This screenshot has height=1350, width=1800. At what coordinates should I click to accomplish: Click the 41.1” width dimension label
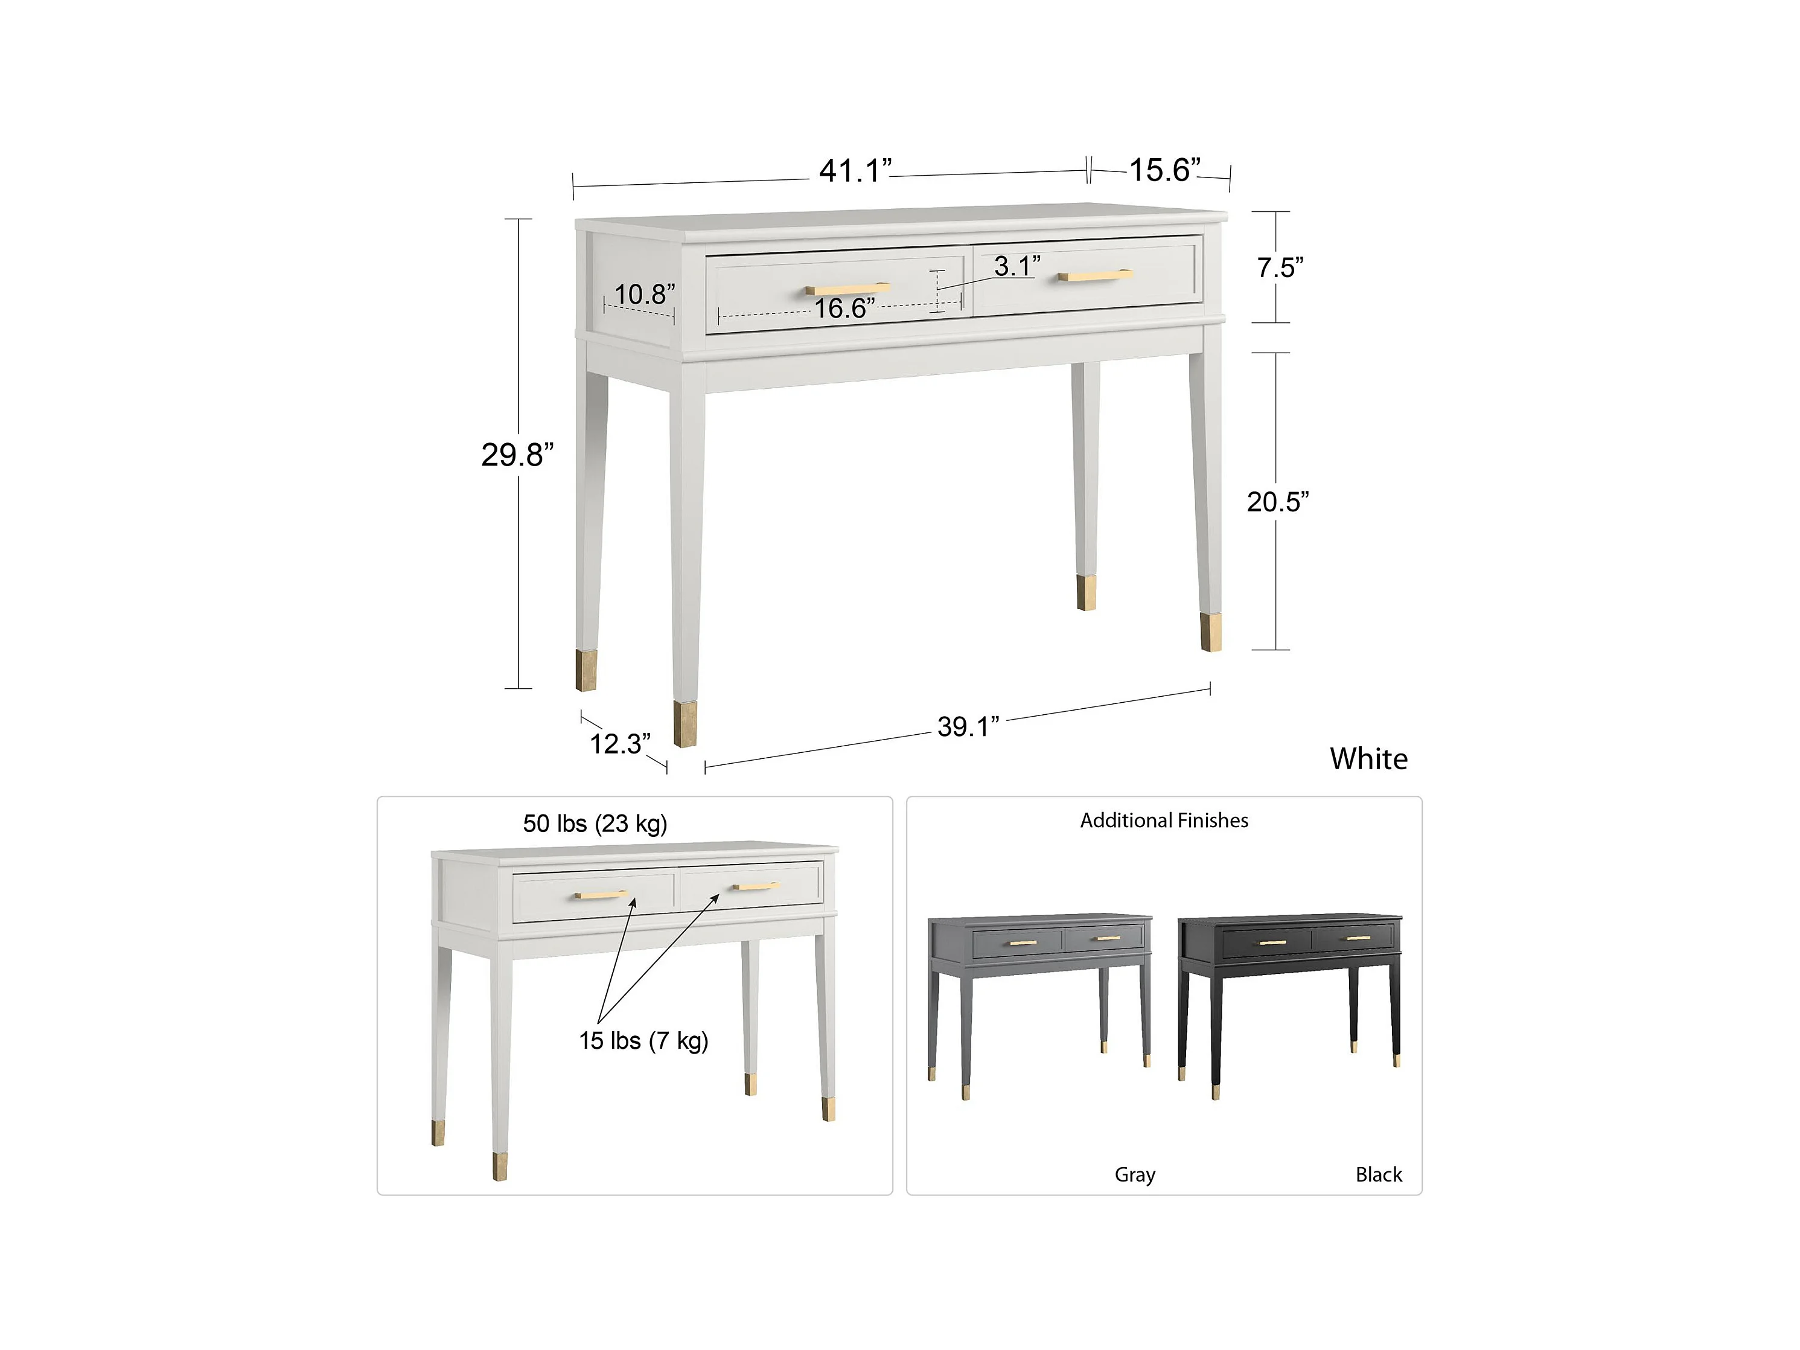855,171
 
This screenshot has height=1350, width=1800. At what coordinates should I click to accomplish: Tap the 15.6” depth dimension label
1164,170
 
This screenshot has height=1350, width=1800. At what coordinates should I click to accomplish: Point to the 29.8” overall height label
517,455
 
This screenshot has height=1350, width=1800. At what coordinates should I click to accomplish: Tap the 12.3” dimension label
620,744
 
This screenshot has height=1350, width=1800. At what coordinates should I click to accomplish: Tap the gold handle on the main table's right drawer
1096,276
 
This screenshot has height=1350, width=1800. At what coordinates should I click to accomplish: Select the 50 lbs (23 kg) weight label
595,824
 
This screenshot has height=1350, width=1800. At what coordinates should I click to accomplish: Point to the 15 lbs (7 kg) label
643,1041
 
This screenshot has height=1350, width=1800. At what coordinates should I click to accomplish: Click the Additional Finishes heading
1164,821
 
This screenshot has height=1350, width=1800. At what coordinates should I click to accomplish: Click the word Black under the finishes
1379,1174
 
